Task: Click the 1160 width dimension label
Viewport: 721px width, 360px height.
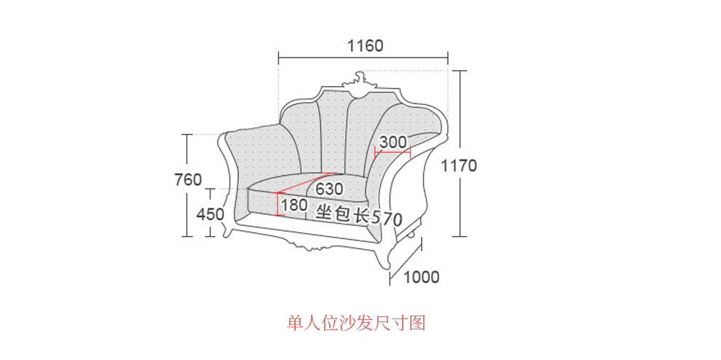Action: pos(365,46)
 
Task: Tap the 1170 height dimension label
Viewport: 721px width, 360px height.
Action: pos(460,165)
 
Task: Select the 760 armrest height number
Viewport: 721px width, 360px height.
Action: pos(188,179)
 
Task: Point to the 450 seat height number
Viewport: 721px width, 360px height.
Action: pos(210,214)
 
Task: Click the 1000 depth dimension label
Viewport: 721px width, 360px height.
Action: pos(422,277)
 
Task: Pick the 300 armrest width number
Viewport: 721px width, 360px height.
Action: pos(393,142)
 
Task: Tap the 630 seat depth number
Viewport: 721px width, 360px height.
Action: pos(329,189)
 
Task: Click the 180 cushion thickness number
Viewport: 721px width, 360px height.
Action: pos(293,205)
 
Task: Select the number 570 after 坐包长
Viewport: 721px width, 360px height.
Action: pos(387,218)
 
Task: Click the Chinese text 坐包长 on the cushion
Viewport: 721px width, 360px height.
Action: pos(342,214)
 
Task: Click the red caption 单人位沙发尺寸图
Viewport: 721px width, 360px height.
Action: pos(356,323)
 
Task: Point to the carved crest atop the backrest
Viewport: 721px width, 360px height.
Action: pos(360,81)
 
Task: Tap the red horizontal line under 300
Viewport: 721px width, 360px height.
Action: pos(393,152)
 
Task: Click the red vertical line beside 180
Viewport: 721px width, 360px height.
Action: pos(277,204)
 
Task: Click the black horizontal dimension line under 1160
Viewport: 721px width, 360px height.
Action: pos(363,58)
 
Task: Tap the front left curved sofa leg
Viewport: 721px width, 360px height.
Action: pos(228,230)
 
